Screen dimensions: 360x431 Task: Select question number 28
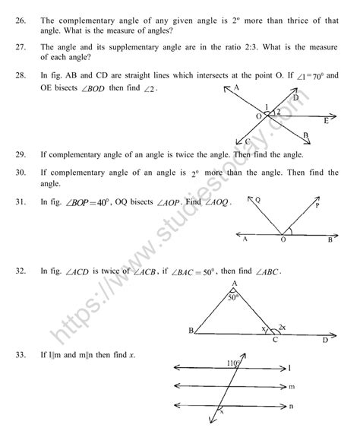pyautogui.click(x=21, y=77)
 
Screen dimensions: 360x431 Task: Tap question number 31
pyautogui.click(x=21, y=203)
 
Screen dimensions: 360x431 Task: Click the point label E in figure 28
pyautogui.click(x=325, y=121)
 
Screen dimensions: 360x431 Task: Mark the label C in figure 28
pyautogui.click(x=248, y=141)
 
